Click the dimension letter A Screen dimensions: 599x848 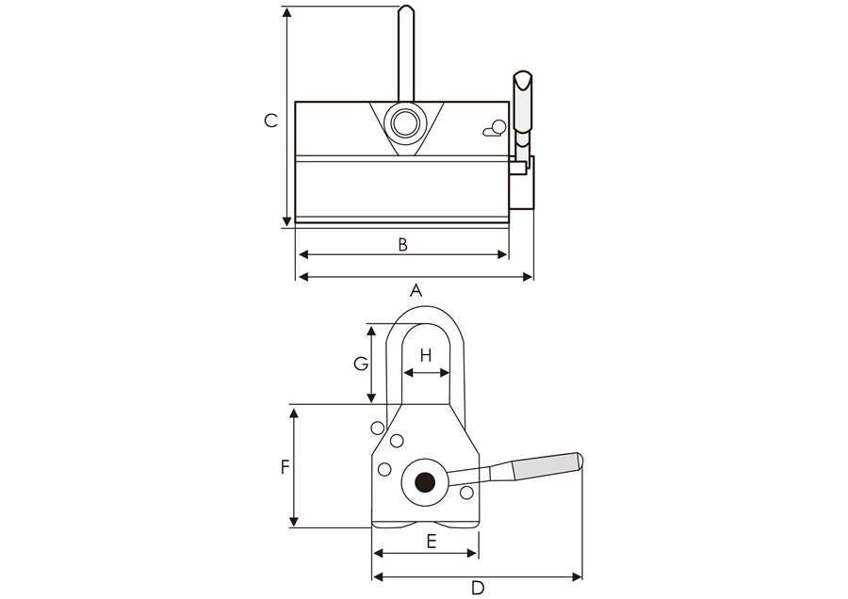click(x=415, y=291)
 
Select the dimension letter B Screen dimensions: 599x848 click(x=402, y=245)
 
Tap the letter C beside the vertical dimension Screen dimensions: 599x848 click(x=270, y=121)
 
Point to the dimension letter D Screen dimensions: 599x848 click(x=478, y=588)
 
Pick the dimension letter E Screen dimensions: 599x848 click(x=431, y=541)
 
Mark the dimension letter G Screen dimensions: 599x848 click(x=360, y=363)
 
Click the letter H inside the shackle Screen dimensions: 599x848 click(x=426, y=355)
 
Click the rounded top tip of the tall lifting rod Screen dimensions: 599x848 click(x=405, y=10)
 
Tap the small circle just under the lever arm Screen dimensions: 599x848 click(x=466, y=493)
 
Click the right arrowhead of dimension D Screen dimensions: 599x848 click(x=579, y=576)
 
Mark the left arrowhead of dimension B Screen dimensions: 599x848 click(x=301, y=255)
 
